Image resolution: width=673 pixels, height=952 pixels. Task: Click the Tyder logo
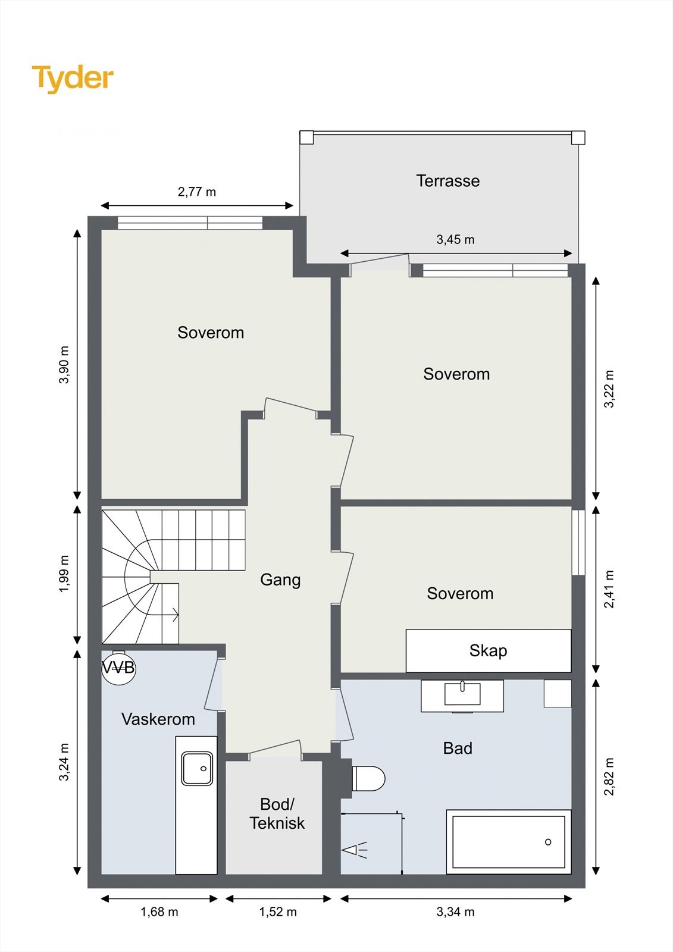73,79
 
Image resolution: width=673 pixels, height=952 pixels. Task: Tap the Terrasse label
447,181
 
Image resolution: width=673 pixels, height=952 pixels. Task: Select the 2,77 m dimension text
197,192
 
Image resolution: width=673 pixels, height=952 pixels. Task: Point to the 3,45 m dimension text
455,240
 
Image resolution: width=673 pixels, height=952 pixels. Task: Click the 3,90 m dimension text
64,365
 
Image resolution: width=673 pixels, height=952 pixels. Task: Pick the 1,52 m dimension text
278,912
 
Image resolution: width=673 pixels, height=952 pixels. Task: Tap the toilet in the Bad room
368,779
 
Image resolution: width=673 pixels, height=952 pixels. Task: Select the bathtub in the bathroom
509,841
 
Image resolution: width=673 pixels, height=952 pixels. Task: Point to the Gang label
280,580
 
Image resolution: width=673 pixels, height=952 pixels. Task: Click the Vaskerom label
158,719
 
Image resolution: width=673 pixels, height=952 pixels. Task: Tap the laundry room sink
198,768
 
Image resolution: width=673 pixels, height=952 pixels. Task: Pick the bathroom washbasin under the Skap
462,694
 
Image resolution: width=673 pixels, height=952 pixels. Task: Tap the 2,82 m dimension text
609,776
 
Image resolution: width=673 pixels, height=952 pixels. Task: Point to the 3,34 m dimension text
455,912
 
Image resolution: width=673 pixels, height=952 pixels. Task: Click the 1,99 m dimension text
64,574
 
